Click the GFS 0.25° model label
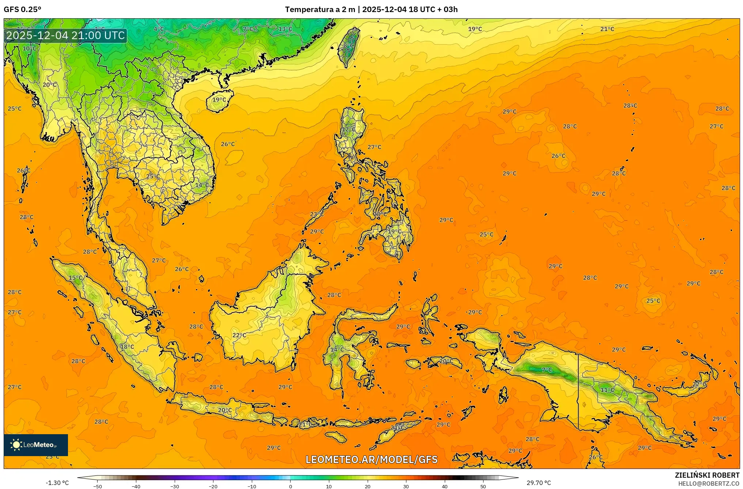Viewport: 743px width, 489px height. pyautogui.click(x=22, y=10)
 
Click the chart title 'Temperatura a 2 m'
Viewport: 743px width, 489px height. pyautogui.click(x=319, y=10)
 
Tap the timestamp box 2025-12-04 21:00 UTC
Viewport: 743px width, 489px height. pyautogui.click(x=65, y=35)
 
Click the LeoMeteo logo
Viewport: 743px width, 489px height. pyautogui.click(x=35, y=445)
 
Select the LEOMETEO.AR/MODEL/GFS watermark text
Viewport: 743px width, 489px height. pyautogui.click(x=371, y=459)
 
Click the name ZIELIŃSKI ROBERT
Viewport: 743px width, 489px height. pyautogui.click(x=707, y=475)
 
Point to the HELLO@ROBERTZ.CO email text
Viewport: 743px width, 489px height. pyautogui.click(x=709, y=484)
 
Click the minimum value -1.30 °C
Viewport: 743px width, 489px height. pyautogui.click(x=57, y=483)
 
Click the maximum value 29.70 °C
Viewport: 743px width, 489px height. pyautogui.click(x=538, y=483)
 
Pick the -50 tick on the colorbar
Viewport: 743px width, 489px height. pyautogui.click(x=97, y=486)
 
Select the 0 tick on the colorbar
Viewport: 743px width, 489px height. pyautogui.click(x=291, y=486)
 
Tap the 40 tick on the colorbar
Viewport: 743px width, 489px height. pyautogui.click(x=444, y=486)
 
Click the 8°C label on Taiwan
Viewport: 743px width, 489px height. pyautogui.click(x=348, y=46)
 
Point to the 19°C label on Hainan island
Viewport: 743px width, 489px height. pyautogui.click(x=219, y=99)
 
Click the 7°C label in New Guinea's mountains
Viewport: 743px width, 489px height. pyautogui.click(x=547, y=370)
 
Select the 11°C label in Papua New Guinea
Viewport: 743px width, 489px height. pyautogui.click(x=607, y=390)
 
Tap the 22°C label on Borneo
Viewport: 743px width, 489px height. pyautogui.click(x=239, y=335)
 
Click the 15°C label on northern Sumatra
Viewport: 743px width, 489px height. pyautogui.click(x=76, y=278)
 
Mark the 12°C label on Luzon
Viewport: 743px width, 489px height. pyautogui.click(x=348, y=129)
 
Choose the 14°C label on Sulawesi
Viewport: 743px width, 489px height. pyautogui.click(x=337, y=349)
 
